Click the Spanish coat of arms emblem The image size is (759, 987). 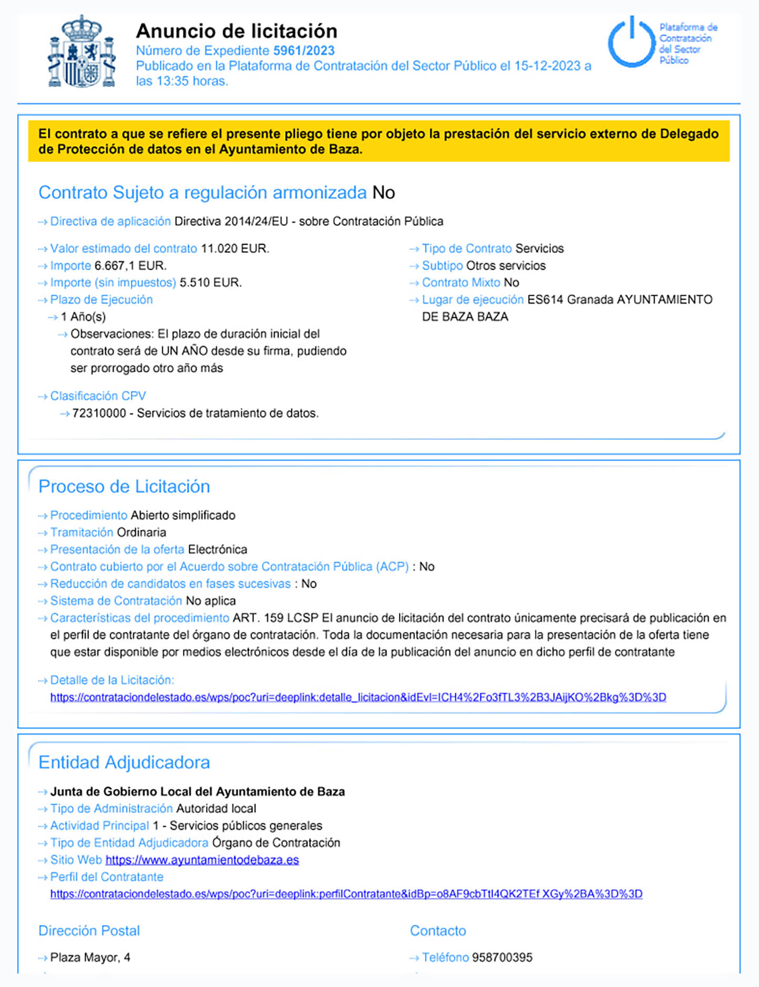[x=81, y=51]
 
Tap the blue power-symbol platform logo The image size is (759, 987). [x=632, y=42]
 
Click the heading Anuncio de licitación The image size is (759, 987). [x=237, y=31]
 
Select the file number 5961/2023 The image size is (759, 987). [x=304, y=50]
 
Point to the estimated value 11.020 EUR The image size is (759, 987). [x=234, y=248]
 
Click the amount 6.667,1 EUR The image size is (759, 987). [x=130, y=266]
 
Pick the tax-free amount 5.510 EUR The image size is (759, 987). [x=210, y=283]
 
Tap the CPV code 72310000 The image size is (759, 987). [x=99, y=413]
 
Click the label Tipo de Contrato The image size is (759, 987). [x=467, y=248]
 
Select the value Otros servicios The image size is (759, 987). [x=506, y=266]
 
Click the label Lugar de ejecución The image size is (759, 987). [x=473, y=300]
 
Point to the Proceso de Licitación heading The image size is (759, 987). [x=124, y=486]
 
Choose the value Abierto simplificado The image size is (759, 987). [x=183, y=515]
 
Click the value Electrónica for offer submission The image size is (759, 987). [x=218, y=549]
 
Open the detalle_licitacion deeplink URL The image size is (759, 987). [x=358, y=697]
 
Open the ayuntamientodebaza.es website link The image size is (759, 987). [x=202, y=860]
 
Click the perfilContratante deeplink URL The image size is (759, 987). [x=346, y=894]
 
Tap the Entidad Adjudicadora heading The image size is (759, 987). [x=124, y=762]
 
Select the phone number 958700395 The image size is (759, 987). [x=502, y=958]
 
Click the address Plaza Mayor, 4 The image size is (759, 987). [x=90, y=958]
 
